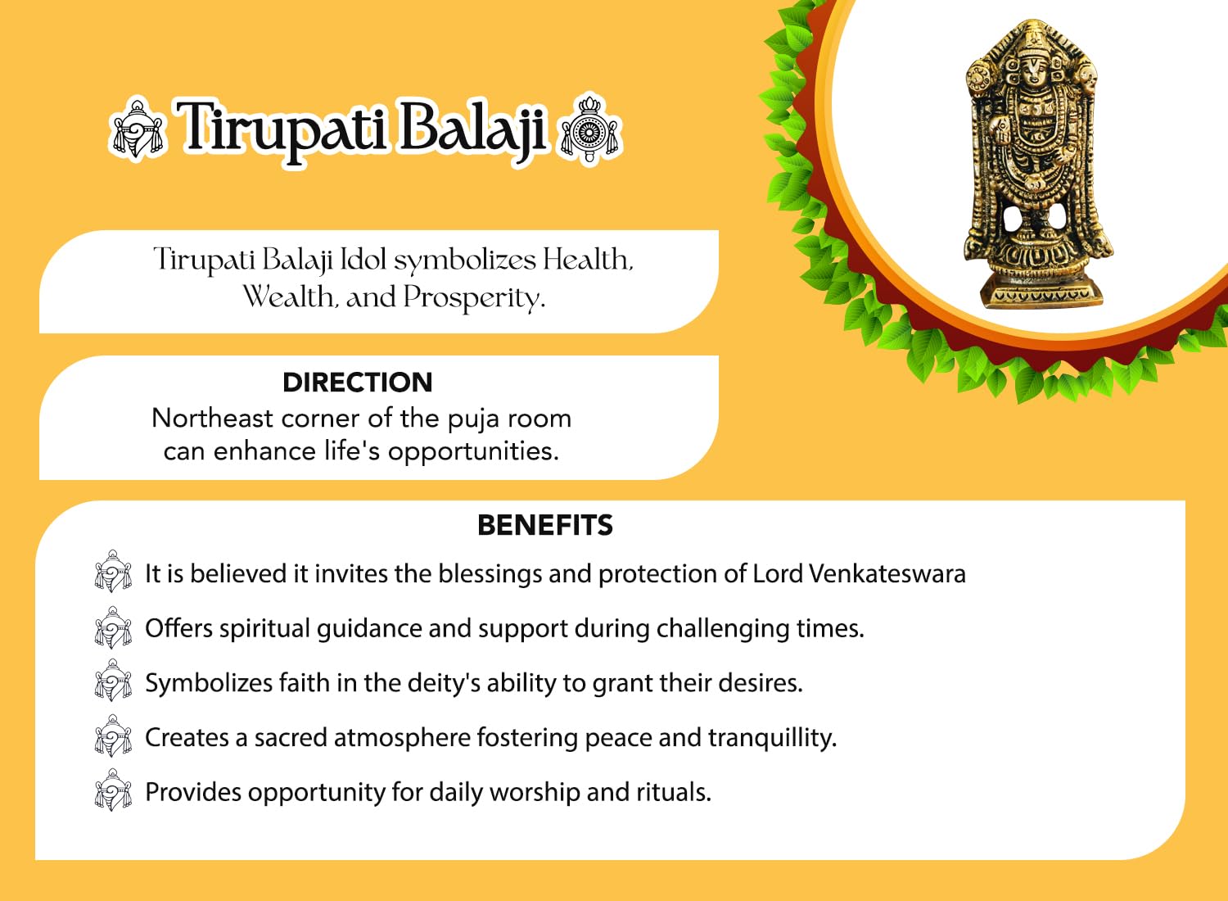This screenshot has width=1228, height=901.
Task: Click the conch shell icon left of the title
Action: (x=137, y=129)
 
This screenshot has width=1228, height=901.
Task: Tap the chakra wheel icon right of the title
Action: (x=589, y=129)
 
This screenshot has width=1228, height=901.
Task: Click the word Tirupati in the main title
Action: (x=283, y=129)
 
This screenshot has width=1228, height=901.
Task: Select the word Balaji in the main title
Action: (x=472, y=129)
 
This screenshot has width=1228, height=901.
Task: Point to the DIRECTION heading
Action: (x=358, y=383)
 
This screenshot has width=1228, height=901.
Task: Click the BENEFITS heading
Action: (x=545, y=525)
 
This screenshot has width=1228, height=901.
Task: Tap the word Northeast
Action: (x=212, y=419)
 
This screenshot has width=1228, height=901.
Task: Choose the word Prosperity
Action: (x=475, y=298)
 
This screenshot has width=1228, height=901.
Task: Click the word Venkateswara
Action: (x=887, y=573)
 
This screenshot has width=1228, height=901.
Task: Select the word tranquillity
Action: (x=773, y=737)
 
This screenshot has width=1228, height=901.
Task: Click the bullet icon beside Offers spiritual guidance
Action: (x=113, y=627)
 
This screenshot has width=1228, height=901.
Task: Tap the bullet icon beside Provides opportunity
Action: (x=113, y=790)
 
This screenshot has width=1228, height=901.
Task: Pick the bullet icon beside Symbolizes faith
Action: (x=113, y=681)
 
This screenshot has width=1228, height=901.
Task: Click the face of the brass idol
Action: (x=1034, y=74)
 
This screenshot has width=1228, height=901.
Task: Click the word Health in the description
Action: (x=588, y=260)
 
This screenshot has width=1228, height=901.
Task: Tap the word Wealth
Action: (x=288, y=297)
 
